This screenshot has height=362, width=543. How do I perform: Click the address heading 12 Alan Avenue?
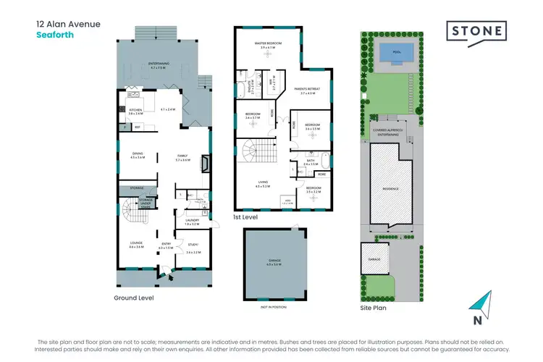(69, 24)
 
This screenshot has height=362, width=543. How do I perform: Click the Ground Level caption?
(134, 298)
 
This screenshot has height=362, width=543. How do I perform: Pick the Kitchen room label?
(135, 111)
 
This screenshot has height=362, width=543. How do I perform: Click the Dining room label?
(138, 154)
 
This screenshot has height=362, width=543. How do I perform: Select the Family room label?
(182, 157)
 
